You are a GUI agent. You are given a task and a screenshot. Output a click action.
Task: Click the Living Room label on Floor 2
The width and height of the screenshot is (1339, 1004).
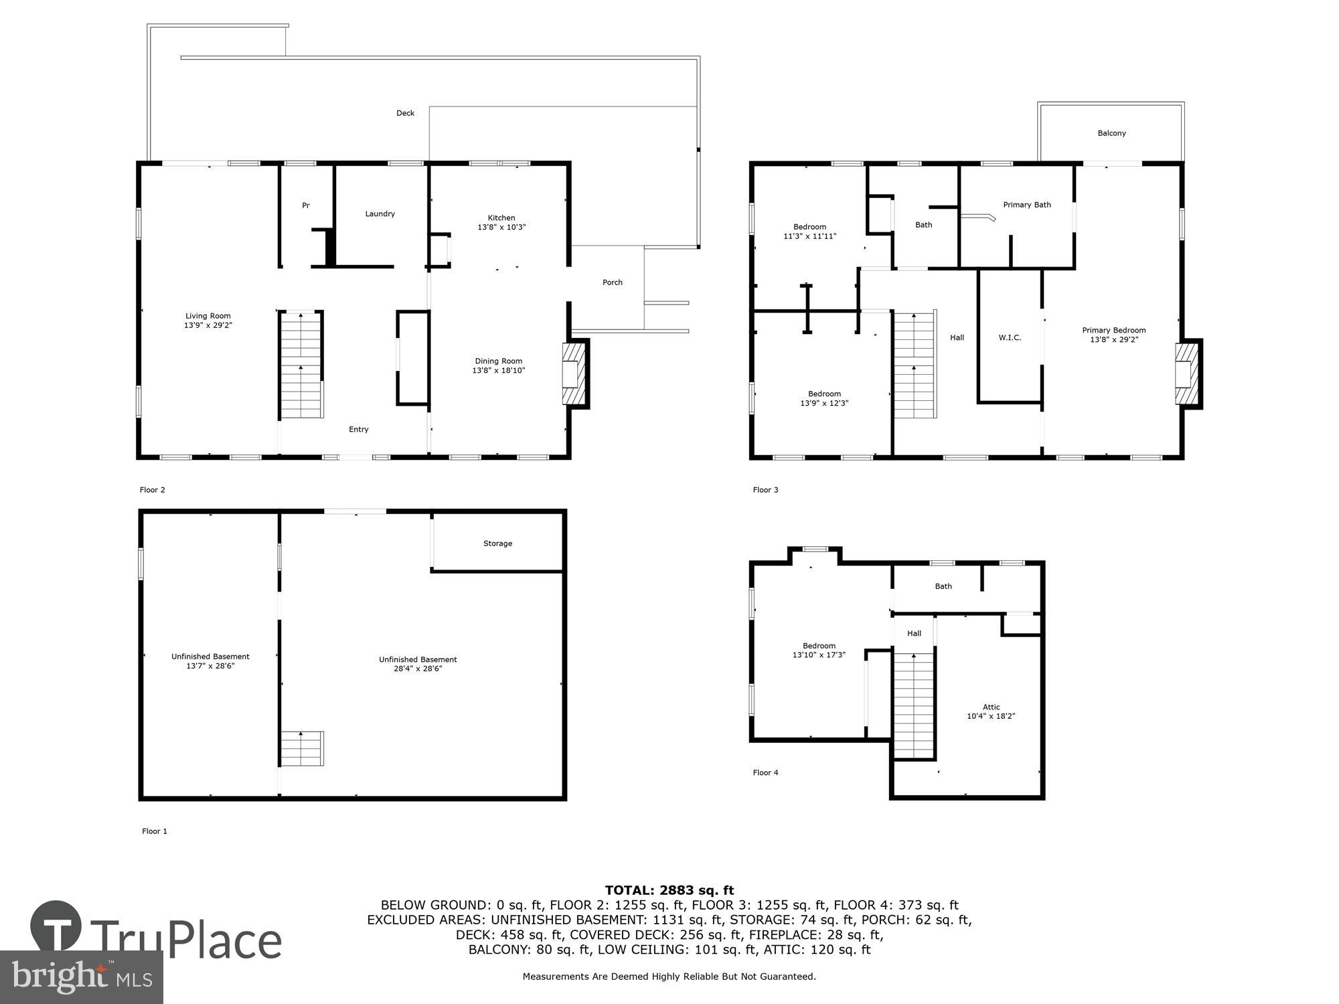tap(208, 321)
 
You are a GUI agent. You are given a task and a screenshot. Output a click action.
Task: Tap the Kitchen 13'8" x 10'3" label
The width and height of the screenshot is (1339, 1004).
tap(501, 222)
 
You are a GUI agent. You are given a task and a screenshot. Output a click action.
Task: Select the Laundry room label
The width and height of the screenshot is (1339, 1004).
tap(380, 214)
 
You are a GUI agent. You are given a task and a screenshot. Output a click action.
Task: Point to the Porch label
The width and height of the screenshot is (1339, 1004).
tap(613, 282)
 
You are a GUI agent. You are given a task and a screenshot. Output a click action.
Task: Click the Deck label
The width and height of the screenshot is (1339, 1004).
tap(405, 113)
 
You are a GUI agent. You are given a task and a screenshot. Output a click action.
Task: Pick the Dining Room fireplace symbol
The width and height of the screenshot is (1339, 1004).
tap(574, 374)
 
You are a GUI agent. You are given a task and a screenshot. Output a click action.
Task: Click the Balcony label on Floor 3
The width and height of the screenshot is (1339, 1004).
tap(1111, 133)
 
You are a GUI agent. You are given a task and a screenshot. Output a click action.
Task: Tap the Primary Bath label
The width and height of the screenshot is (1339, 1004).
tap(1026, 205)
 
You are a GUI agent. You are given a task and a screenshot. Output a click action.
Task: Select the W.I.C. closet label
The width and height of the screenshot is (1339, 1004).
tap(1010, 338)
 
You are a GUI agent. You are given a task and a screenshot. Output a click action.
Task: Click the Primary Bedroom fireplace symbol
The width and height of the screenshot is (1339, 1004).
tap(1186, 374)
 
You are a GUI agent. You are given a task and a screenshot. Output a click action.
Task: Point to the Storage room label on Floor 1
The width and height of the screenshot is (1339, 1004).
tap(497, 543)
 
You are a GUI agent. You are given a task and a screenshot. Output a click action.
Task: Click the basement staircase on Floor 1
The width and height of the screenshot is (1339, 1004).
tap(302, 748)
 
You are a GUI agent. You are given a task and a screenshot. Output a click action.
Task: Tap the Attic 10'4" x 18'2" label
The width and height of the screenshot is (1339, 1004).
tap(991, 712)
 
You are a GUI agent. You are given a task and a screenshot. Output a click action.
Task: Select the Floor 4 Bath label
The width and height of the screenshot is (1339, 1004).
tap(943, 586)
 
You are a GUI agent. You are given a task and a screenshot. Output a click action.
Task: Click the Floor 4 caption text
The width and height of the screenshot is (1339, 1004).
tap(765, 772)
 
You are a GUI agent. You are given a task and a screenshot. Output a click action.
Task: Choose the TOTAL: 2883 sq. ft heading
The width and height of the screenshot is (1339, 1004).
tap(669, 890)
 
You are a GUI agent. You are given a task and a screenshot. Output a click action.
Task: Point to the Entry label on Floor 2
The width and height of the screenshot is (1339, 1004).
tap(358, 430)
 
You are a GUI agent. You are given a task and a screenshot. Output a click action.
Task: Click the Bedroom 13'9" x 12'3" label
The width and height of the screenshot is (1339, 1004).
tap(824, 398)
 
